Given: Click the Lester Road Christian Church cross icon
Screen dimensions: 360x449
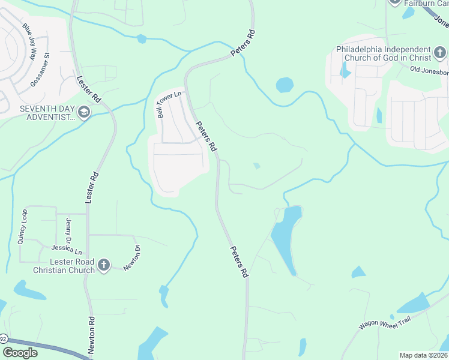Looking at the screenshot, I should pyautogui.click(x=104, y=265).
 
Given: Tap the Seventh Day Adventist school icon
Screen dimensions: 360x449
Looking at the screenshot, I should pyautogui.click(x=83, y=113).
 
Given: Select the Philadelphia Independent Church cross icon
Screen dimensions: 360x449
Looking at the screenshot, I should pyautogui.click(x=440, y=54).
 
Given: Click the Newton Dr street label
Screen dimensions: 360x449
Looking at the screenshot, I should pyautogui.click(x=132, y=258).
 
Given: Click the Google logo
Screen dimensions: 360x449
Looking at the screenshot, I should pyautogui.click(x=20, y=353).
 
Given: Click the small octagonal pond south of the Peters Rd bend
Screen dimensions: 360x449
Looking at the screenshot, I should pyautogui.click(x=285, y=85).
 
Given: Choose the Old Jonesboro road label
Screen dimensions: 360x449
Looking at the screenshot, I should pyautogui.click(x=429, y=70).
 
